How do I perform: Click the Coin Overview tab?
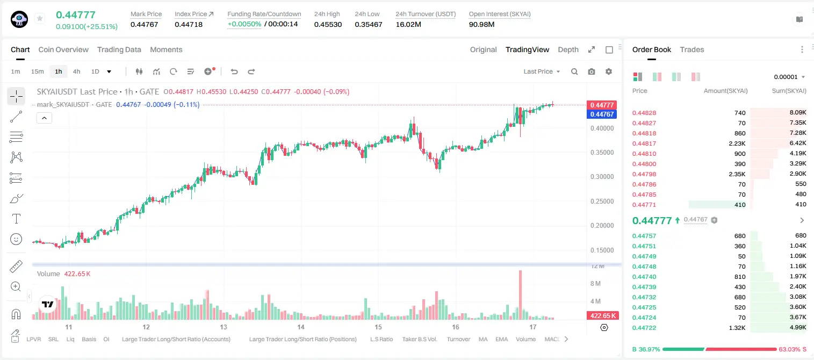pyautogui.click(x=63, y=49)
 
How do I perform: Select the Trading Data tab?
pyautogui.click(x=119, y=49)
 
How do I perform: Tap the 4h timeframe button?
pyautogui.click(x=76, y=71)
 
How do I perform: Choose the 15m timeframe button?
pyautogui.click(x=38, y=71)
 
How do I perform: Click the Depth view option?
pyautogui.click(x=568, y=50)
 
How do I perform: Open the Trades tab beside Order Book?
pyautogui.click(x=692, y=49)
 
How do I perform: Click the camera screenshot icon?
pyautogui.click(x=592, y=71)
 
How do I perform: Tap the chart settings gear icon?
pyautogui.click(x=609, y=71)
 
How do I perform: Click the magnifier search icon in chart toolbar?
pyautogui.click(x=574, y=71)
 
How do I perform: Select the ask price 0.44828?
pyautogui.click(x=644, y=113)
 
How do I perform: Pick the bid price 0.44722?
pyautogui.click(x=644, y=328)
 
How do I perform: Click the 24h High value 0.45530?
pyautogui.click(x=328, y=24)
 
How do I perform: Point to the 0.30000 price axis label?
pyautogui.click(x=602, y=177)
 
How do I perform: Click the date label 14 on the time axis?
pyautogui.click(x=300, y=327)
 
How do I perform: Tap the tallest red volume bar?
pyautogui.click(x=521, y=295)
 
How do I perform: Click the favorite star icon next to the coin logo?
pyautogui.click(x=40, y=18)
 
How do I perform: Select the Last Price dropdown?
pyautogui.click(x=542, y=71)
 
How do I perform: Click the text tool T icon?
pyautogui.click(x=16, y=219)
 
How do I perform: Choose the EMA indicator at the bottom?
pyautogui.click(x=501, y=339)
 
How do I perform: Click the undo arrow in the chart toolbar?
pyautogui.click(x=234, y=71)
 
